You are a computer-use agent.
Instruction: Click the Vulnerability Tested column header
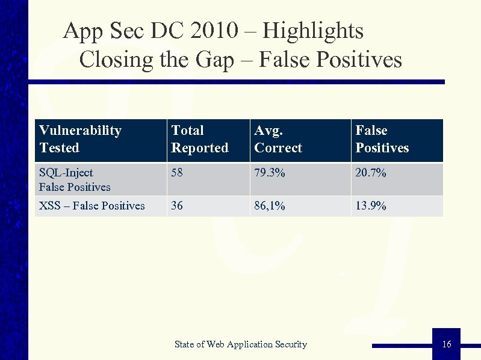point(80,139)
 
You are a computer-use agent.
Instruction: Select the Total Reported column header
point(200,139)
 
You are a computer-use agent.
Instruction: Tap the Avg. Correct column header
point(278,139)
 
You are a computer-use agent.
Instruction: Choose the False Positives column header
point(382,139)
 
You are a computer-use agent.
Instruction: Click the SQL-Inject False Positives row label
point(75,179)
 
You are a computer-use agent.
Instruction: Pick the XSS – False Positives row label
point(92,206)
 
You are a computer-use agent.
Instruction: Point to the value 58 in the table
point(178,173)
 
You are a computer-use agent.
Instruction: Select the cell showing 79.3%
point(268,173)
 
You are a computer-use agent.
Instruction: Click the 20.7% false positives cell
point(371,173)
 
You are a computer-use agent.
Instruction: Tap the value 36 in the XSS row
point(177,206)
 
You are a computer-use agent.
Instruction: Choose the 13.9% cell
point(371,206)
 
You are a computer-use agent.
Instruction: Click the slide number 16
point(446,344)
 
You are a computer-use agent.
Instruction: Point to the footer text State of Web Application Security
point(240,344)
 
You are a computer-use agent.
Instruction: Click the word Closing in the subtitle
point(112,60)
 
